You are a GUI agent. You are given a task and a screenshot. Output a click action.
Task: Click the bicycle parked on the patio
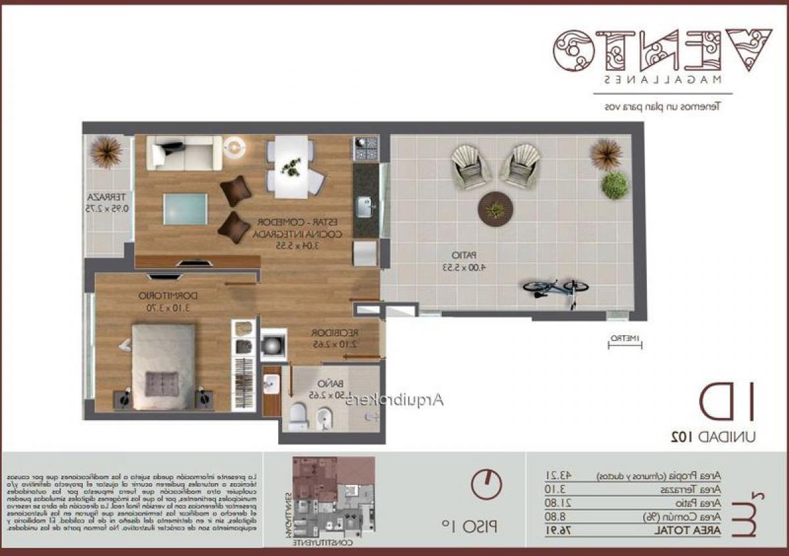[x=556, y=289]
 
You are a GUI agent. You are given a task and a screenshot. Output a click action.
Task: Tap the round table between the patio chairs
[x=494, y=209]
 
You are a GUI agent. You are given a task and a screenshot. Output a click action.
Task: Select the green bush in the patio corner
[x=614, y=185]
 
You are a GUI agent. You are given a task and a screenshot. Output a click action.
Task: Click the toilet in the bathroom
[x=298, y=415]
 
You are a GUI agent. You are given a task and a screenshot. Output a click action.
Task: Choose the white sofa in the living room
[x=183, y=153]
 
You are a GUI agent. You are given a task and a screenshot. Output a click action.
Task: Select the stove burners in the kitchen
[x=366, y=149]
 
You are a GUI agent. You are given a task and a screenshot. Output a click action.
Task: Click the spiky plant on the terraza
[x=106, y=152]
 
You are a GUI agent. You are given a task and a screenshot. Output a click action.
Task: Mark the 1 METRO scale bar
[x=624, y=340]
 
